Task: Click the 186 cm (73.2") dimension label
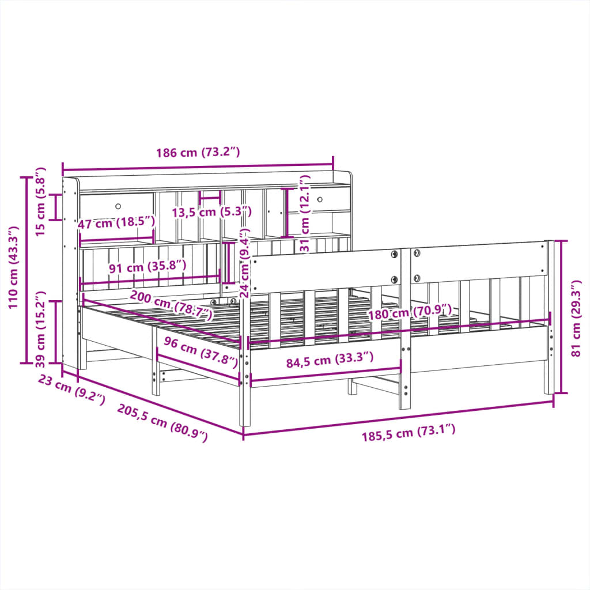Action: pos(198,153)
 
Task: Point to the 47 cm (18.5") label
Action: pos(117,222)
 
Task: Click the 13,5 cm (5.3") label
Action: pos(212,211)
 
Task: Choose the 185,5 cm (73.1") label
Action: pos(409,432)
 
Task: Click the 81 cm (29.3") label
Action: pos(576,319)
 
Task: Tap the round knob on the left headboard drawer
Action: pos(118,206)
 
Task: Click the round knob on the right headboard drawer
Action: pos(320,198)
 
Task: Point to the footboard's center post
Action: pos(406,328)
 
